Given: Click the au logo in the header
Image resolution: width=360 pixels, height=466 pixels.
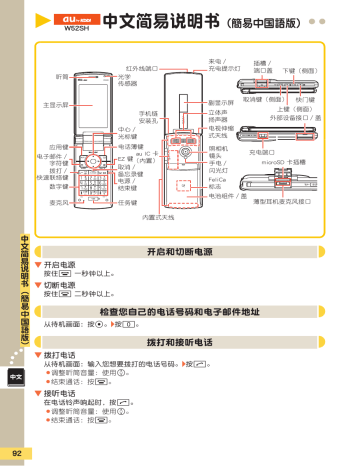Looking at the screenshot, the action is (81, 17).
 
